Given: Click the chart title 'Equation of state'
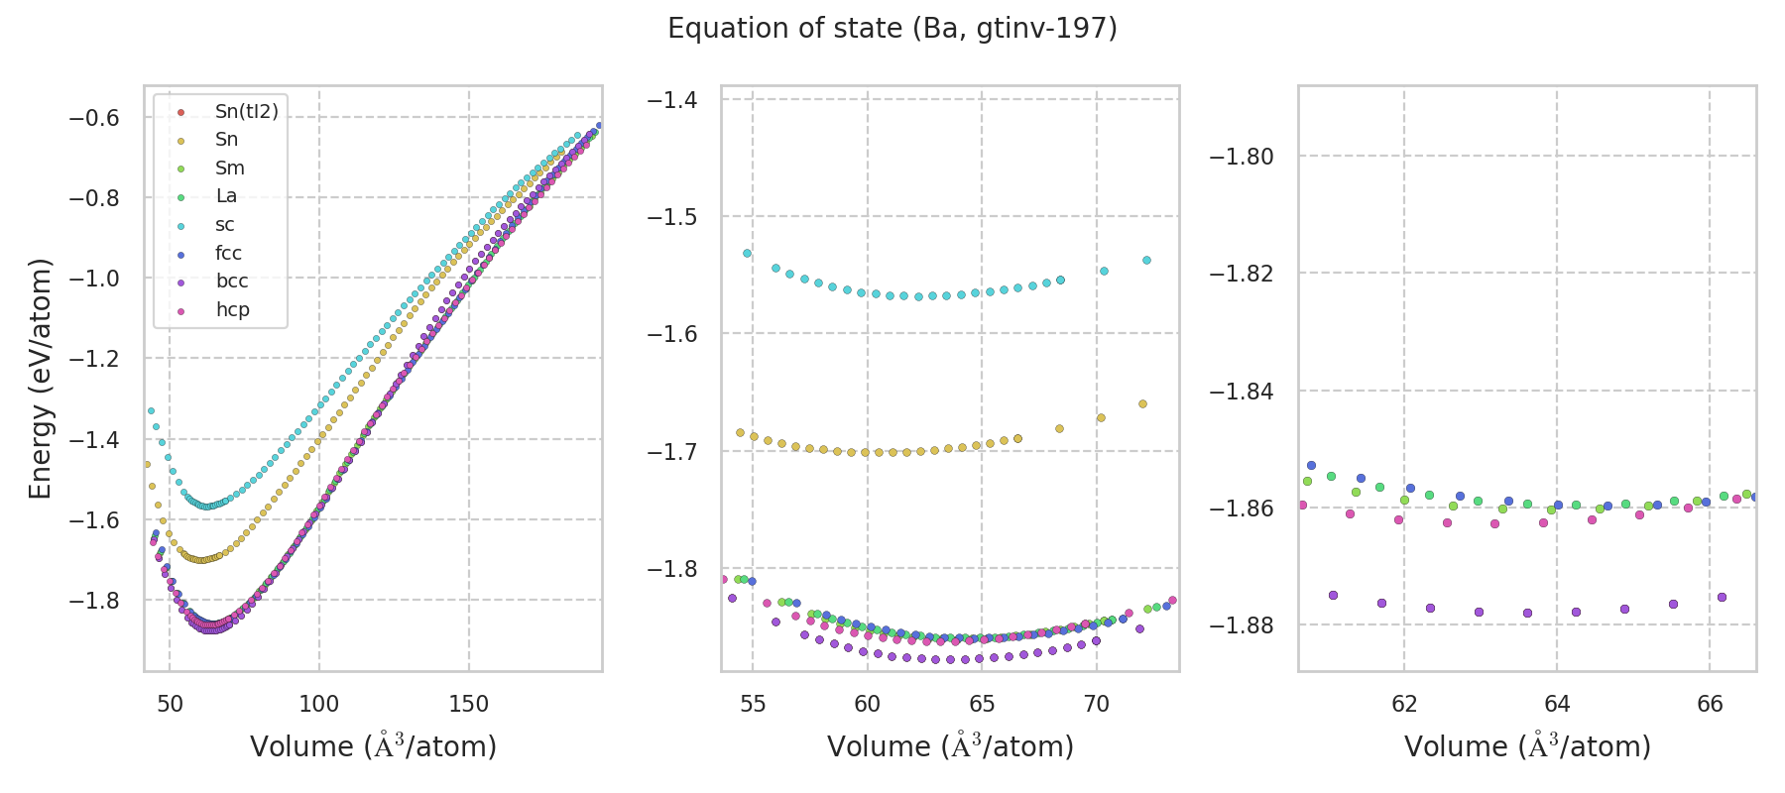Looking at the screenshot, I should pos(892,29).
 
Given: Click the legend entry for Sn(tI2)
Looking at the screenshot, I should pos(246,112).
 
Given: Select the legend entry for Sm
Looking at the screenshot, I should pos(229,169).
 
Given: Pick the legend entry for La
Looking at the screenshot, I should pos(226,196).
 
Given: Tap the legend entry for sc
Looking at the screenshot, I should pos(225,225).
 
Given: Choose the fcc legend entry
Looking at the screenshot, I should pos(228,254).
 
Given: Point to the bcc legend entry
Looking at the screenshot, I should pos(232,282).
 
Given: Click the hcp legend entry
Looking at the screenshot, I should pos(232,310).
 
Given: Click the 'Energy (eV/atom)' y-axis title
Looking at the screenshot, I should pos(40,379).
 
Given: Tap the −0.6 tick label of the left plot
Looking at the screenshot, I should pos(94,118).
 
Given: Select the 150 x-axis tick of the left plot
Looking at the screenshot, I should pos(468,704).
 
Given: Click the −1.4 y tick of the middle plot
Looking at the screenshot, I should pos(671,100).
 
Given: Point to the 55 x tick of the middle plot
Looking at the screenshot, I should pos(753,704).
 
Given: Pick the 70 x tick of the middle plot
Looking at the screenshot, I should pos(1096,704).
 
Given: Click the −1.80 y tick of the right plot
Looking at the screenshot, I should pos(1242,157).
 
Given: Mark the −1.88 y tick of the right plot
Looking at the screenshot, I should pos(1242,625).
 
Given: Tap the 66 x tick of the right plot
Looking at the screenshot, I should pos(1710,704).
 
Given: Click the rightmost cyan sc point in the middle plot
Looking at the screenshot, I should pos(1146,260).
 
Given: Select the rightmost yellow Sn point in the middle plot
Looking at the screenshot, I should pos(1142,403).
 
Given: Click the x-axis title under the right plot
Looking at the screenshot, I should pos(1527,746).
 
